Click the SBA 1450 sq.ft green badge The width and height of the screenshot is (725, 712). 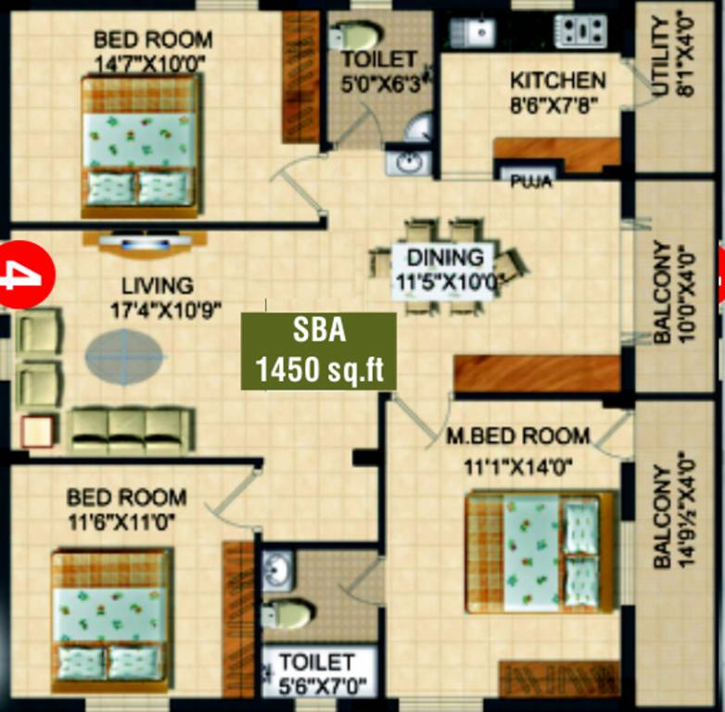click(x=319, y=350)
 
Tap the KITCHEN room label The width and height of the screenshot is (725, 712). click(x=558, y=82)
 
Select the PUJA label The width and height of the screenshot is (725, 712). click(x=531, y=182)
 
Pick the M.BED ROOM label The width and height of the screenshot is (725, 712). click(x=517, y=436)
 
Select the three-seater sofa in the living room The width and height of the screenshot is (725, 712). click(x=133, y=428)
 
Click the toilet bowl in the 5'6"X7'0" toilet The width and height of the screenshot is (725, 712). click(x=287, y=613)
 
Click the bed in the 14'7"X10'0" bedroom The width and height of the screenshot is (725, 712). click(x=141, y=146)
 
